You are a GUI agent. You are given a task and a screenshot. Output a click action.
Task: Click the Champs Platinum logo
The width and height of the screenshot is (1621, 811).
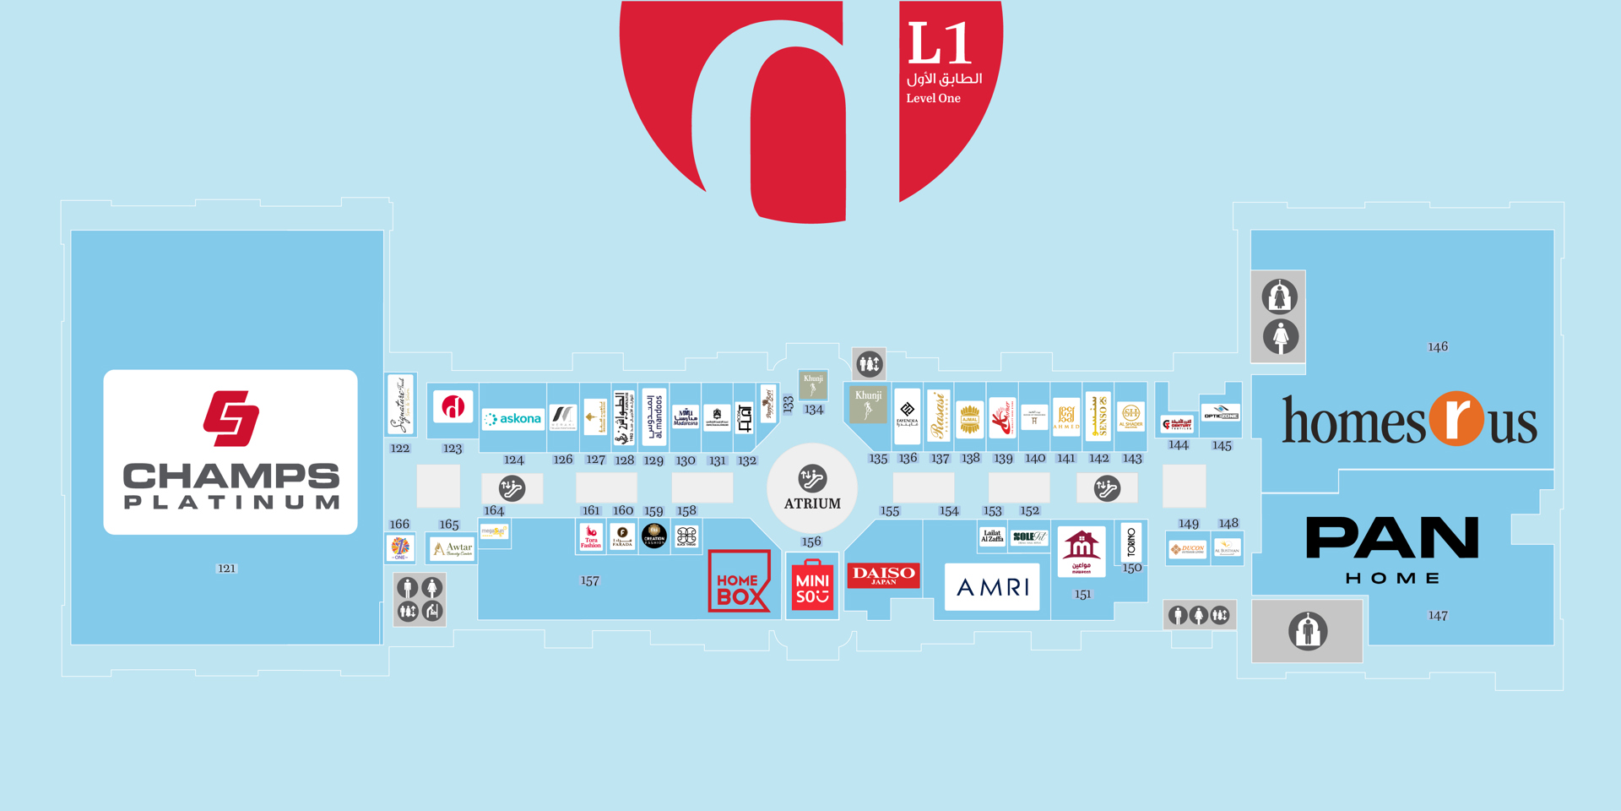coord(230,451)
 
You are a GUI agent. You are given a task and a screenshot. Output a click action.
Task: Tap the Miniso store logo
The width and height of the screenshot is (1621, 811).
coord(812,585)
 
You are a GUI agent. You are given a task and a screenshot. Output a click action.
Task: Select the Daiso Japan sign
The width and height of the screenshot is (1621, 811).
coord(883,575)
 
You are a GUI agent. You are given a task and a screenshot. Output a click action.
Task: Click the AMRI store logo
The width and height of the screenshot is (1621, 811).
coord(992,586)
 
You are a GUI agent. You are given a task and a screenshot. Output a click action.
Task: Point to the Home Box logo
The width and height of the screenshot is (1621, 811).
coord(739,581)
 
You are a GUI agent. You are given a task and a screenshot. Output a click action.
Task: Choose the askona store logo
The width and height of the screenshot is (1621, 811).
coord(512,418)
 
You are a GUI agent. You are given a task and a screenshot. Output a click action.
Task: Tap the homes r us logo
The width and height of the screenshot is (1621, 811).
coord(1409,420)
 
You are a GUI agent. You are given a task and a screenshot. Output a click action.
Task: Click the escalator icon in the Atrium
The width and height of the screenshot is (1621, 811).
coord(812,478)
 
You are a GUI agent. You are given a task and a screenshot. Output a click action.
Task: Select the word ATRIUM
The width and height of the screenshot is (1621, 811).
coord(812,503)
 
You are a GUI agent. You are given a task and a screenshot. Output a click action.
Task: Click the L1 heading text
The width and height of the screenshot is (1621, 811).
coord(939,45)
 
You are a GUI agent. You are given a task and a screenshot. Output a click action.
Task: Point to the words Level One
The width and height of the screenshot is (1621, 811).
coord(933,98)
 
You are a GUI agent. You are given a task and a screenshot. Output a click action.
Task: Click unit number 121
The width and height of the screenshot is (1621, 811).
coord(226,569)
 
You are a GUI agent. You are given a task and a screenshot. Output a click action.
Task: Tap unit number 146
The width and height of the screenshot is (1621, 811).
coord(1437,346)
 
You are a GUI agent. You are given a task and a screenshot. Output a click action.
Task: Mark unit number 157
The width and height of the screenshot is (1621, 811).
coord(589,580)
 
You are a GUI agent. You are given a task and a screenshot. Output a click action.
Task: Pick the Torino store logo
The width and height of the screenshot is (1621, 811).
coord(1131,542)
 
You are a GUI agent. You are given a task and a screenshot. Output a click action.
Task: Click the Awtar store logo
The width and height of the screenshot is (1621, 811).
coord(453,549)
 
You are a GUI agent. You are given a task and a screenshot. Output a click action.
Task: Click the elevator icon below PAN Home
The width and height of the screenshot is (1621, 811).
coord(1308,631)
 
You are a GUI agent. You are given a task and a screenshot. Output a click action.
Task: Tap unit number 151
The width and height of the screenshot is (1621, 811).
coord(1082,594)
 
